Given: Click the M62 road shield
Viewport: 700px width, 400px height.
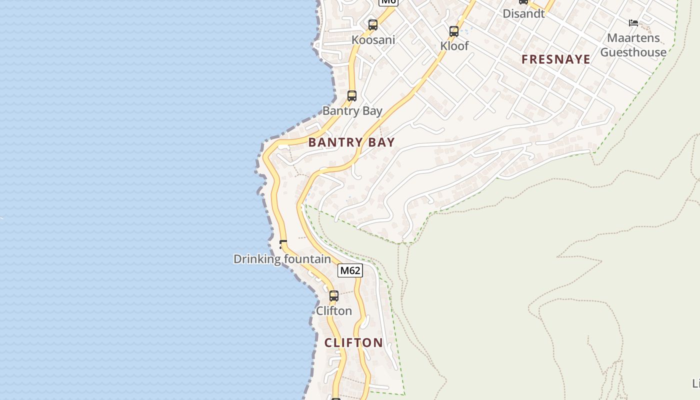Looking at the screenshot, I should click(349, 270).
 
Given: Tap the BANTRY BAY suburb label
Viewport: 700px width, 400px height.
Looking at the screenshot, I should click(351, 142).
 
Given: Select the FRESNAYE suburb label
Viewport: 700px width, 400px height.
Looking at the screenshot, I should click(556, 59).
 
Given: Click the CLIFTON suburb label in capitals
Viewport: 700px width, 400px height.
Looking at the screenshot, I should click(353, 342).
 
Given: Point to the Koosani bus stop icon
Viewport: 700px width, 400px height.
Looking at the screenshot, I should click(373, 25).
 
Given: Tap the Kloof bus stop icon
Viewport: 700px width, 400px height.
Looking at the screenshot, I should click(454, 31).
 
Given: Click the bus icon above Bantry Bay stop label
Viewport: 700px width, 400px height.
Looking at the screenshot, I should click(352, 96).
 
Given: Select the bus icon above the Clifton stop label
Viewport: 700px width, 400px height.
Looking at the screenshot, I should click(334, 296).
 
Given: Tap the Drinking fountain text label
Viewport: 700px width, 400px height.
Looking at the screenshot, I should click(282, 259).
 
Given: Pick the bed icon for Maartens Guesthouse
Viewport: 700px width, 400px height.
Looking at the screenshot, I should click(633, 22).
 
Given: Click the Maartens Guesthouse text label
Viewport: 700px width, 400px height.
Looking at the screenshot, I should click(633, 45).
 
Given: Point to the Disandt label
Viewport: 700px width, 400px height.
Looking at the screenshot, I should click(523, 13).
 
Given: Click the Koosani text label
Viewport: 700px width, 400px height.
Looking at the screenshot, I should click(373, 40).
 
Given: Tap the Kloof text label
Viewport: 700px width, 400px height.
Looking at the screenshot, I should click(454, 46).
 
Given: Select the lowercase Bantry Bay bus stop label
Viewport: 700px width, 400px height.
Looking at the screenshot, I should click(352, 111).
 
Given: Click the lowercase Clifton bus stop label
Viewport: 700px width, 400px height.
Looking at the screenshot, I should click(334, 311).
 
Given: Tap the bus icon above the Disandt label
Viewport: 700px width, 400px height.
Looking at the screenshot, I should click(523, 1).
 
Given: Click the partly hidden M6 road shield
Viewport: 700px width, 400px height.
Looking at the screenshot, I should click(388, 2).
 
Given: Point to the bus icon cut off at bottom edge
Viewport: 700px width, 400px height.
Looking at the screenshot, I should click(336, 398).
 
